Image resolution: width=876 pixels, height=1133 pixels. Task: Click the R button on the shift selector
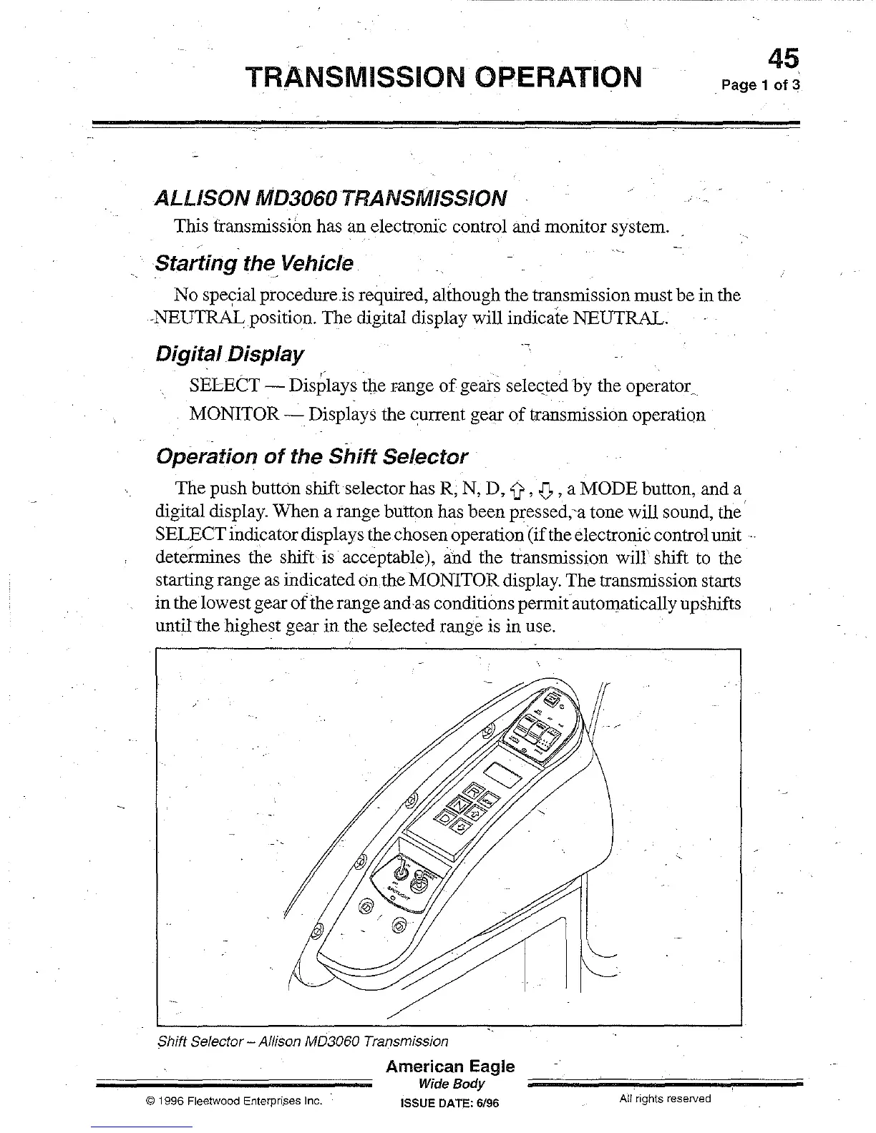pos(474,792)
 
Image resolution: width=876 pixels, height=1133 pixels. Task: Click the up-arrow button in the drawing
pos(474,814)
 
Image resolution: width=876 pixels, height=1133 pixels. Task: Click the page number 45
pos(782,59)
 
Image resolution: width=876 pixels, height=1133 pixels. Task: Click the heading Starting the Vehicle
pos(254,263)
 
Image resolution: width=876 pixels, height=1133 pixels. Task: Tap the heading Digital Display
pos(229,354)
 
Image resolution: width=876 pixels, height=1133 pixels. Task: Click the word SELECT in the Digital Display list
pos(225,386)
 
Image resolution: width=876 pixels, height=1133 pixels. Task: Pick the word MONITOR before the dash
pos(234,415)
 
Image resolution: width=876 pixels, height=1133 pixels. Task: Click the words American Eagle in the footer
pos(450,1066)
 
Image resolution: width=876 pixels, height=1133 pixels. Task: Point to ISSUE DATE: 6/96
pos(450,1103)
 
